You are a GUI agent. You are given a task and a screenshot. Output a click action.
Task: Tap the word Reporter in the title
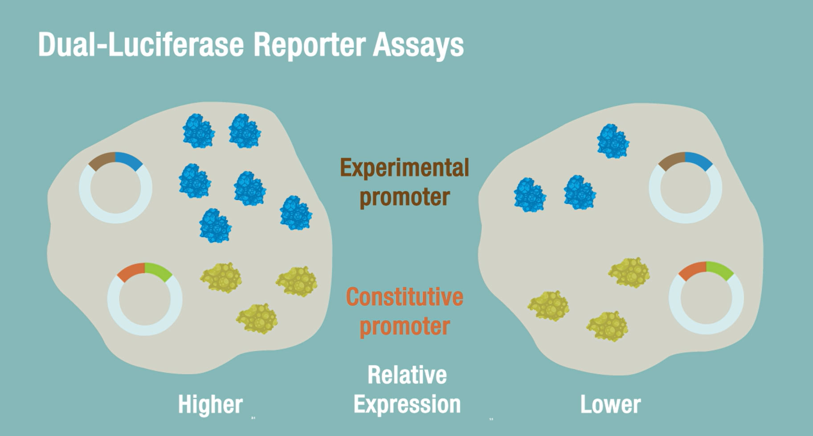[x=310, y=45]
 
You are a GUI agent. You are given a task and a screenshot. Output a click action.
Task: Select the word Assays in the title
[x=418, y=45]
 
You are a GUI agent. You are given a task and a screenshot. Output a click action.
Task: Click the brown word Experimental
[x=404, y=168]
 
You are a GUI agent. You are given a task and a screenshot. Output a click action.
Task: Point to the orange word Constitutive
[x=404, y=297]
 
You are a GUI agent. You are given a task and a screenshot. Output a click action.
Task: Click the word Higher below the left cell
[x=210, y=404]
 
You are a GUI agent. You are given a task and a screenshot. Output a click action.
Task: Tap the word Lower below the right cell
[x=610, y=404]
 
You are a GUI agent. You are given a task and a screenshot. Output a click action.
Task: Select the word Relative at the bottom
[x=407, y=375]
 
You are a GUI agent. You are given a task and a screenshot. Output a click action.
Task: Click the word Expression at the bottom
[x=407, y=404]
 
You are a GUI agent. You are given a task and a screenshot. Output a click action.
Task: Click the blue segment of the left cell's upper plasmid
[x=129, y=160]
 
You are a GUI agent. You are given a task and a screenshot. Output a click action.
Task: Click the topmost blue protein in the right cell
[x=613, y=141]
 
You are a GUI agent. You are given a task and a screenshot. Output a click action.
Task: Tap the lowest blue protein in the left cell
[x=215, y=226]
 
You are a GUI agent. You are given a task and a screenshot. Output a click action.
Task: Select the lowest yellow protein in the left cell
[x=257, y=319]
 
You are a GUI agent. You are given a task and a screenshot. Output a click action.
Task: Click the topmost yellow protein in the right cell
[x=629, y=272]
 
